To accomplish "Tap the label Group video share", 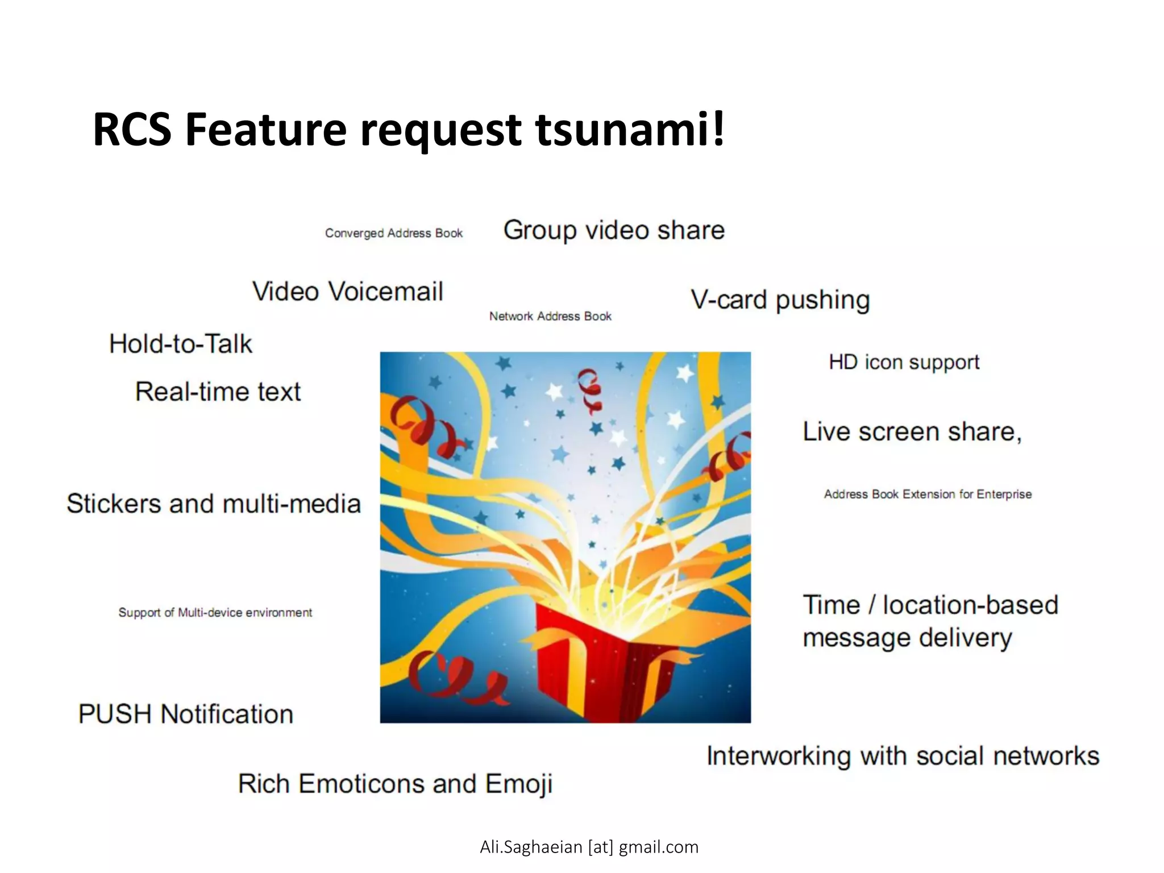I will click(614, 231).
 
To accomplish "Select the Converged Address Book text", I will click(394, 233).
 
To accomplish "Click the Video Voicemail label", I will click(347, 292).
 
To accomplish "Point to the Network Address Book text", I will click(550, 316).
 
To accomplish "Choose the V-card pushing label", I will click(780, 300).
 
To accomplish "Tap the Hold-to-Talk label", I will click(180, 344).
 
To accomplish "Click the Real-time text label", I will click(218, 392).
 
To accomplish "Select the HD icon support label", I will click(904, 362).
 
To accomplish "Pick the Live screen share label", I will click(912, 432).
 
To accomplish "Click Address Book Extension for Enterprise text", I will click(928, 494).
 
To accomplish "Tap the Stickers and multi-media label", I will click(214, 504).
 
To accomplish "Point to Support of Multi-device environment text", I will click(215, 612).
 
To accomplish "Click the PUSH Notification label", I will click(186, 714).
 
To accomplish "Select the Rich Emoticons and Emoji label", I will click(395, 784).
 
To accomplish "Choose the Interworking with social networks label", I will click(903, 756).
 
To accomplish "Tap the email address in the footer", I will click(589, 847).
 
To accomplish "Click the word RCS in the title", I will click(132, 130).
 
